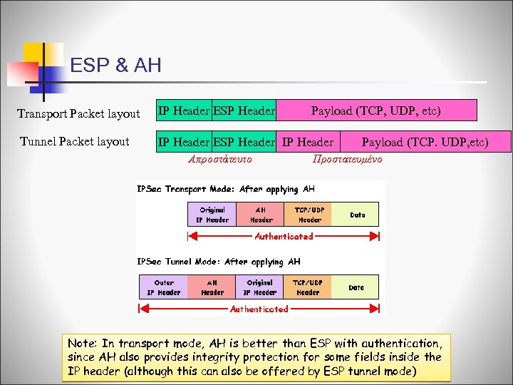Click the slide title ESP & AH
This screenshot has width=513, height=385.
coord(116,66)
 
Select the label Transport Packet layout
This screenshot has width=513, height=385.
coord(78,114)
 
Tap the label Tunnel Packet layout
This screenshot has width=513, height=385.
coord(75,141)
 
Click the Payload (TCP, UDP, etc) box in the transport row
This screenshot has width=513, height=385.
coord(375,111)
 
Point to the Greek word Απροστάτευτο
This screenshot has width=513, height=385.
coord(219,159)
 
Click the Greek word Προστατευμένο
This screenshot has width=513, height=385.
coord(347,159)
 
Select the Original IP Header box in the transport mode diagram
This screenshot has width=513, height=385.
coord(212,215)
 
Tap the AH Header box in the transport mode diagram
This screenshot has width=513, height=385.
coord(261,215)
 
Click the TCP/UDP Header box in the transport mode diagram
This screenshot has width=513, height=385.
coord(309,215)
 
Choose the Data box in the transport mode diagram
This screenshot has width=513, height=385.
coord(357,215)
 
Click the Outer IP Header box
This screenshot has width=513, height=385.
coord(164,287)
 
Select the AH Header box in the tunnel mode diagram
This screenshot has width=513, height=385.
coord(212,287)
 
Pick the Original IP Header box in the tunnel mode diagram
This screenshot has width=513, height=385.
coord(260,287)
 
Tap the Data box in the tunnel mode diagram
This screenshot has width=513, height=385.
coord(356,287)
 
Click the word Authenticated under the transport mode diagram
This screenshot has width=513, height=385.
coord(284,236)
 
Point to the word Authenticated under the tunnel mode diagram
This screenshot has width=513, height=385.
coord(259,309)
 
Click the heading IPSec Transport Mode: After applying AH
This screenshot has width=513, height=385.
coord(226,189)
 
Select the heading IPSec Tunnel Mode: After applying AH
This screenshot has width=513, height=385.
coord(219,262)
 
